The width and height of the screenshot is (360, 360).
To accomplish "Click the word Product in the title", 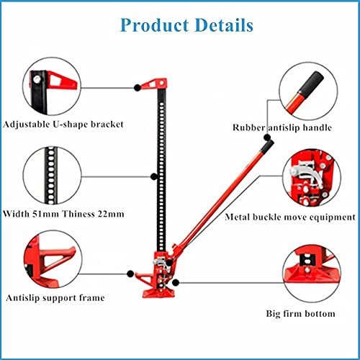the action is click(x=155, y=25).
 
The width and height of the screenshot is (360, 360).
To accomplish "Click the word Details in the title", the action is click(x=224, y=25).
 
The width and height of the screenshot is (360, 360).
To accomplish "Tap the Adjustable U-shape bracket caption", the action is click(x=63, y=125).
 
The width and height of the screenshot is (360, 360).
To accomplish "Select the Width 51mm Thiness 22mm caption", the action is click(x=63, y=214).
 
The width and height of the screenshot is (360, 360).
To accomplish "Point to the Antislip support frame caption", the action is click(x=55, y=298).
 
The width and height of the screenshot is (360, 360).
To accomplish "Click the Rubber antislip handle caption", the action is click(x=282, y=127).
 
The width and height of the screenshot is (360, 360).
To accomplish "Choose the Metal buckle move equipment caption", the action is click(x=290, y=217).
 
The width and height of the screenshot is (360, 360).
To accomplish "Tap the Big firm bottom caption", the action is click(x=300, y=313).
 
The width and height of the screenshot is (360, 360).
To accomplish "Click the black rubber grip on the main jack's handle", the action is click(x=267, y=146).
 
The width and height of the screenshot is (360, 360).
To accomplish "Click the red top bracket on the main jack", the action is click(x=154, y=84).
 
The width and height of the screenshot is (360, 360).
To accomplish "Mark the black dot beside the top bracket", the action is click(x=138, y=88).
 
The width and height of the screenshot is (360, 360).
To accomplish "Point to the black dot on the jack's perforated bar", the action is click(x=154, y=176).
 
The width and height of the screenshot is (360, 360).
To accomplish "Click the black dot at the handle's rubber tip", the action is click(x=267, y=138).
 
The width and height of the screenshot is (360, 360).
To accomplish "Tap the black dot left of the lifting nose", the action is click(x=130, y=274).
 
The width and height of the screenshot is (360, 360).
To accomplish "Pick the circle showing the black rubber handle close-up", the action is click(x=308, y=91).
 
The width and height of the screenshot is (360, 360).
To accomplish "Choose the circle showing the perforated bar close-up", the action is click(x=53, y=175).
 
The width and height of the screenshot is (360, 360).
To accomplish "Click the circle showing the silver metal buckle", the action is click(x=312, y=178).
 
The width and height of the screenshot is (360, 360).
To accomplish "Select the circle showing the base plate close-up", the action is click(x=312, y=274).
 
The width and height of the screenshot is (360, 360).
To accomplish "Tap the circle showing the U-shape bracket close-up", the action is click(x=52, y=86).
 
